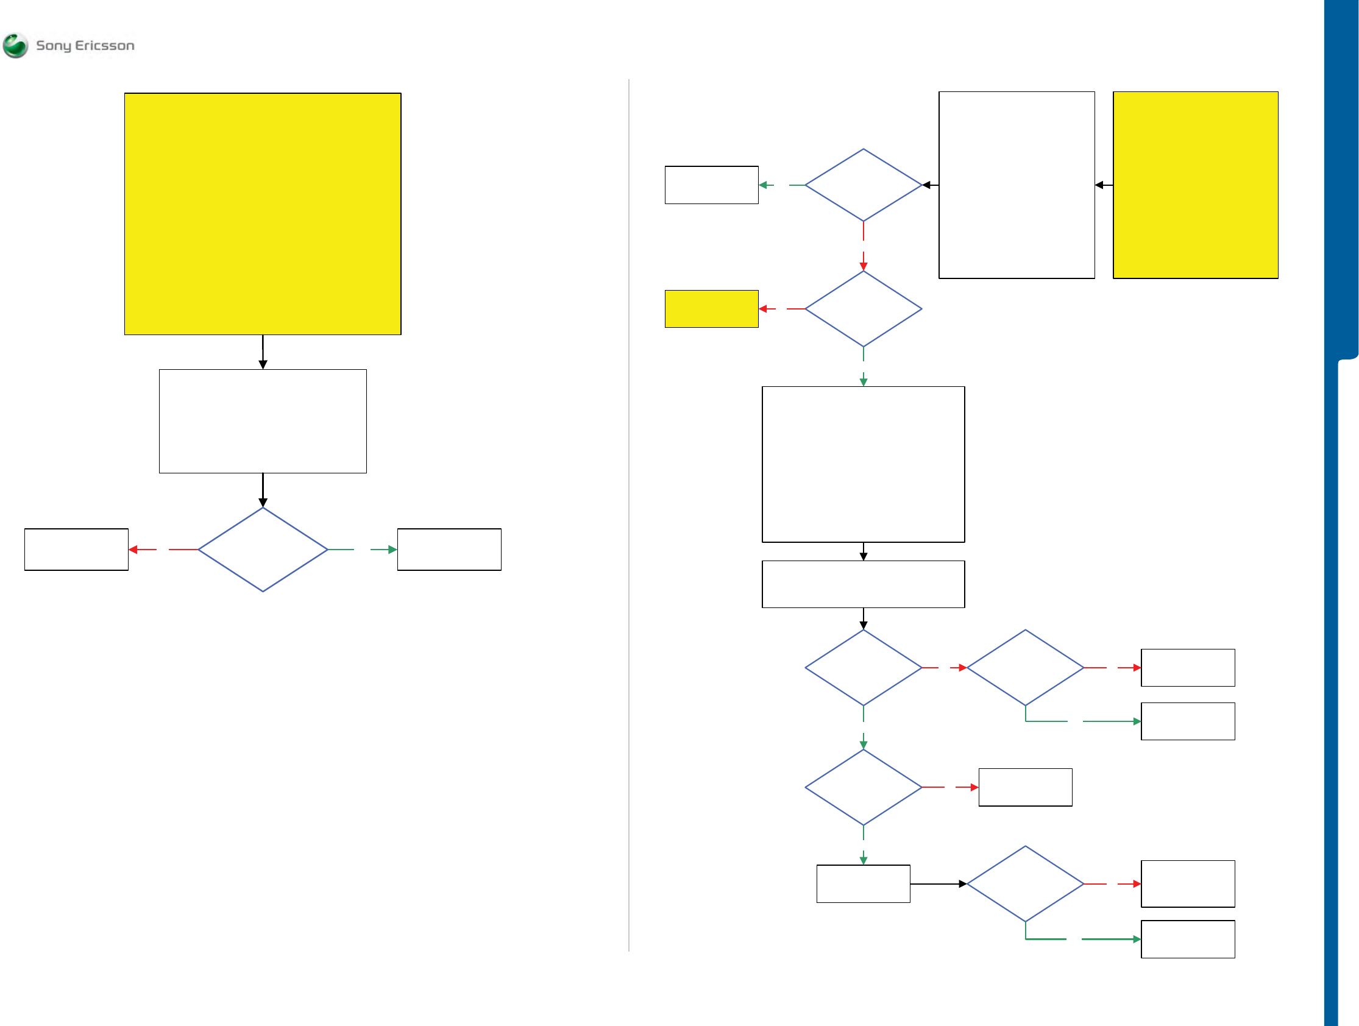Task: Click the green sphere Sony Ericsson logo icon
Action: (15, 46)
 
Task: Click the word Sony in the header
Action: (54, 46)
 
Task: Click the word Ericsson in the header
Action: (104, 46)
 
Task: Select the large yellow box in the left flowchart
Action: (262, 214)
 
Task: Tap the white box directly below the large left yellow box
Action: (262, 421)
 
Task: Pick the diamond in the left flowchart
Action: (262, 549)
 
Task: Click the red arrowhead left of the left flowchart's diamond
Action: (133, 549)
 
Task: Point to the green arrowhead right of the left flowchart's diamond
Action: (392, 549)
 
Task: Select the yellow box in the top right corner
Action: (1195, 185)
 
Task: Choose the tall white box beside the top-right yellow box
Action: (1016, 185)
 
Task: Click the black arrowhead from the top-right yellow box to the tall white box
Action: (1099, 185)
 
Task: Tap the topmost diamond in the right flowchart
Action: (863, 185)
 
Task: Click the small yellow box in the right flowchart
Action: (711, 308)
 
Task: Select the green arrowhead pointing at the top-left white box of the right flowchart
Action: (763, 185)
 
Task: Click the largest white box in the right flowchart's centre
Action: (863, 464)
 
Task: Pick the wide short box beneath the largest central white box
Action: (863, 584)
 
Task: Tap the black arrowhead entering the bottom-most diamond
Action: (963, 884)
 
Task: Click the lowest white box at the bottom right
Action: (1188, 939)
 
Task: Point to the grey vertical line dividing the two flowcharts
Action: (628, 516)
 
